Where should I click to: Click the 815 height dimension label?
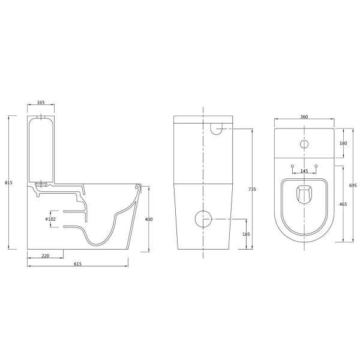8,183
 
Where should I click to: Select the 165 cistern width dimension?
41,103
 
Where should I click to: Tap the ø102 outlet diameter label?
50,219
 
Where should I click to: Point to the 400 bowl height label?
149,219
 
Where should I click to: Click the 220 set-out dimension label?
46,256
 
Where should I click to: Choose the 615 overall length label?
77,264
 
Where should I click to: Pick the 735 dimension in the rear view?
252,190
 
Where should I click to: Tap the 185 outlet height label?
246,235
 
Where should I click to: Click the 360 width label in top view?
304,117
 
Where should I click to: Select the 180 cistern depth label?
343,143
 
